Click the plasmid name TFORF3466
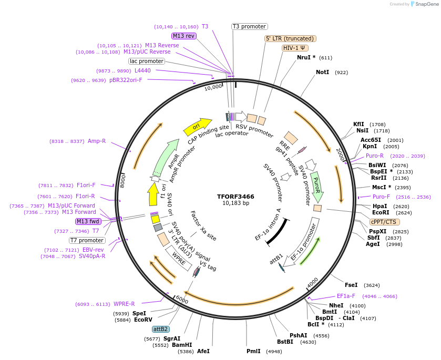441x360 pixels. [x=235, y=197]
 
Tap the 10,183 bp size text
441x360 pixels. [x=235, y=203]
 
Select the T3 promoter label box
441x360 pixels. [x=250, y=26]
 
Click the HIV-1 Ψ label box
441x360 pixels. [x=295, y=48]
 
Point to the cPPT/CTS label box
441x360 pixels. [x=384, y=222]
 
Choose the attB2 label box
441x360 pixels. [x=160, y=329]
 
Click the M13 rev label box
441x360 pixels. [x=183, y=36]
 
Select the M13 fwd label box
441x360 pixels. [x=88, y=221]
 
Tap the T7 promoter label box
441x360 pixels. [x=87, y=240]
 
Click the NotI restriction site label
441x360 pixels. [x=322, y=72]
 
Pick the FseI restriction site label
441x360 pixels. [x=351, y=285]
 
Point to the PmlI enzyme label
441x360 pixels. [x=253, y=351]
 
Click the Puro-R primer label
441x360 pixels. [x=375, y=156]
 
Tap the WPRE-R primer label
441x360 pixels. [x=125, y=304]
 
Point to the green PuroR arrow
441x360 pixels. [x=316, y=185]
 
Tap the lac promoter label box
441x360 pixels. [x=147, y=61]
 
